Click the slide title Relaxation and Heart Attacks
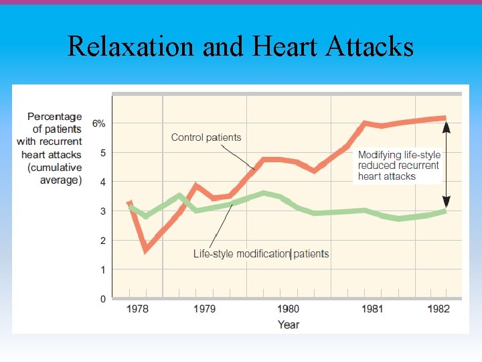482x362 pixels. [x=240, y=47]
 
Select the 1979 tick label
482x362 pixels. [x=205, y=309]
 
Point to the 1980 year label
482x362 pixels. [x=289, y=309]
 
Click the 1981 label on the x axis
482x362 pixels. [x=372, y=309]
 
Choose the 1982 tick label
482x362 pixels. [x=439, y=309]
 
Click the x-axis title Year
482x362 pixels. [x=289, y=324]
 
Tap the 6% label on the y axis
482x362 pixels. [x=98, y=123]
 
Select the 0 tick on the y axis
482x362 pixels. [x=102, y=298]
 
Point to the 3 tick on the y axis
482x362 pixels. [x=102, y=211]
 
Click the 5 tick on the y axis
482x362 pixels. [x=102, y=153]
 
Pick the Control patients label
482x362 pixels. [x=206, y=137]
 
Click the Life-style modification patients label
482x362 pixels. [x=261, y=253]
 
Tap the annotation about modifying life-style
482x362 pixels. [x=399, y=166]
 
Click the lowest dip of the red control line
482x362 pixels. [x=146, y=250]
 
